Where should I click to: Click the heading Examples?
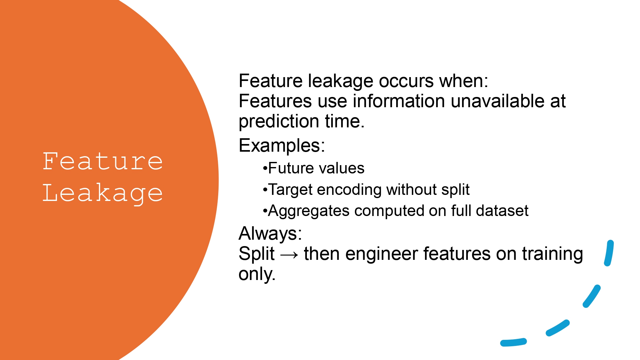click(x=282, y=146)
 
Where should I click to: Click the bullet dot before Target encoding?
click(x=265, y=190)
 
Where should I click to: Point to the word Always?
click(x=270, y=233)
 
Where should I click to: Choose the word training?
click(x=552, y=254)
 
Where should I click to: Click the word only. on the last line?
click(x=257, y=274)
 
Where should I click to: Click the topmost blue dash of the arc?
click(x=609, y=253)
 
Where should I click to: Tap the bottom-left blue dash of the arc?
click(x=513, y=342)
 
